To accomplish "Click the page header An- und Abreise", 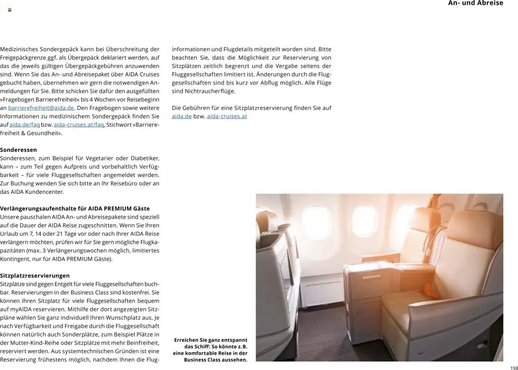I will (476, 3).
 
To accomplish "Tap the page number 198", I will (514, 368).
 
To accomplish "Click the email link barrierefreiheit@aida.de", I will (41, 108).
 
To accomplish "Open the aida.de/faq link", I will (25, 125).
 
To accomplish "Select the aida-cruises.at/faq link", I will (79, 125).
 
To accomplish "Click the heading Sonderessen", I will (18, 150).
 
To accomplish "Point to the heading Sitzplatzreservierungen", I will (35, 276).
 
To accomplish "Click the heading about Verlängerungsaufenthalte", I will (75, 208).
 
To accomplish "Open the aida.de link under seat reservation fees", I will (182, 117).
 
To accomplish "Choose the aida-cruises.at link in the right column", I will (227, 117).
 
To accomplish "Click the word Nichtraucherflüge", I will (210, 91).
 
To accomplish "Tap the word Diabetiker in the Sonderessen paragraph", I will (145, 158).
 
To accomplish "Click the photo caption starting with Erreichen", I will (210, 350).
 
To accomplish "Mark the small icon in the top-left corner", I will (10, 10).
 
